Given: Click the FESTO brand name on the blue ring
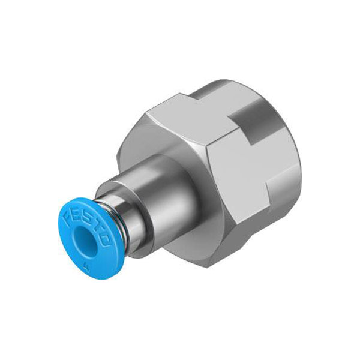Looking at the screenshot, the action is pyautogui.click(x=87, y=229).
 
